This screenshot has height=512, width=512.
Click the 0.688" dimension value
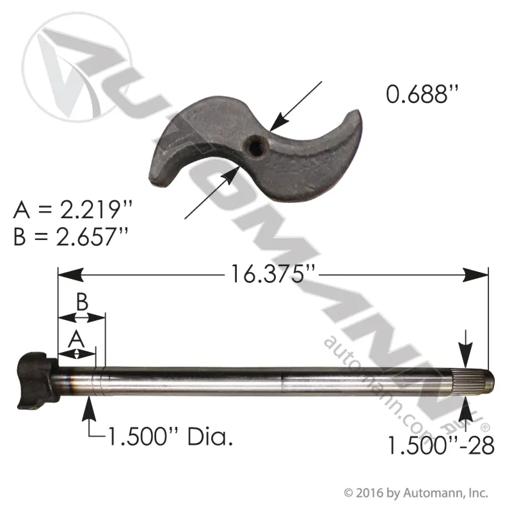pyautogui.click(x=422, y=94)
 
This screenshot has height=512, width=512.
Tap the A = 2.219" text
pyautogui.click(x=73, y=209)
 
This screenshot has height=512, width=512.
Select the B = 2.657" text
pyautogui.click(x=71, y=236)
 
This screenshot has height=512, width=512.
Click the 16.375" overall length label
pyautogui.click(x=273, y=275)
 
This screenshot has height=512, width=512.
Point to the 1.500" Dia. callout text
pyautogui.click(x=170, y=437)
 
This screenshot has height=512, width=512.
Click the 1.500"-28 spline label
pyautogui.click(x=441, y=446)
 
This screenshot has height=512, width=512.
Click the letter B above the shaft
pyautogui.click(x=82, y=302)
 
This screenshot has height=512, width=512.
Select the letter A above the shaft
pyautogui.click(x=77, y=340)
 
